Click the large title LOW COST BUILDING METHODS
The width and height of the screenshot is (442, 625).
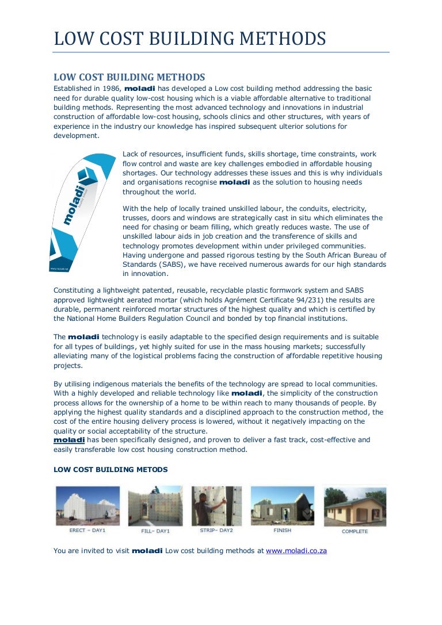(190, 39)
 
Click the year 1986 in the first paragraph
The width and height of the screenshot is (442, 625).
(111, 89)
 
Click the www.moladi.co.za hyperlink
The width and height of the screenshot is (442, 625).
(296, 550)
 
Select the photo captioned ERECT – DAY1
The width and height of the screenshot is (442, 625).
(87, 506)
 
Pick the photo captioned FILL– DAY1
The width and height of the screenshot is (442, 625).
(155, 506)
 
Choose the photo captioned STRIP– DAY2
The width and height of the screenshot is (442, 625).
(216, 506)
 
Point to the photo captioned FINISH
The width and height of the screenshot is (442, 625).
(282, 506)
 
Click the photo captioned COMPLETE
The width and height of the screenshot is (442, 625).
(355, 506)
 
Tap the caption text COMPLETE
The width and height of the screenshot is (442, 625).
(355, 531)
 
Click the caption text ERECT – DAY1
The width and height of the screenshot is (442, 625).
(87, 530)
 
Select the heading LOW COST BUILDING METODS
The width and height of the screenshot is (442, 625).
(110, 470)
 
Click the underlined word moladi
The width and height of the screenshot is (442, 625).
(68, 440)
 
